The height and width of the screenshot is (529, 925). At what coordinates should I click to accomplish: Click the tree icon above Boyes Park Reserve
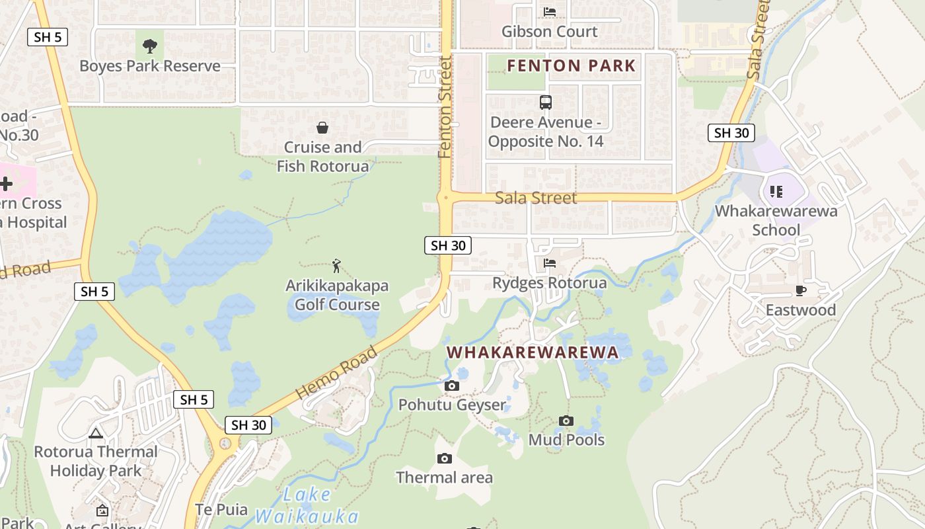(150, 46)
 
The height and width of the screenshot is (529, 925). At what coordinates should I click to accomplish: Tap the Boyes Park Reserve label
(150, 66)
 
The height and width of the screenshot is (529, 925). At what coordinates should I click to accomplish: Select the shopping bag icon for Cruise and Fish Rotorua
(322, 128)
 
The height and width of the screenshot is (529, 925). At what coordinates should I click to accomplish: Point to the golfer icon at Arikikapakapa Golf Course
(337, 266)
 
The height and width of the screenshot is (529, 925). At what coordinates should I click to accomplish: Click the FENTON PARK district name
(571, 66)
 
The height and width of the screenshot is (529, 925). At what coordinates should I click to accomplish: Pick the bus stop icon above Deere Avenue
(546, 102)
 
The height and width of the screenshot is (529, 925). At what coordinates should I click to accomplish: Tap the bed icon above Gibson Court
(550, 11)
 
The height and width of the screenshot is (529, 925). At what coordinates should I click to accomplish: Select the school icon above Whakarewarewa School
(776, 192)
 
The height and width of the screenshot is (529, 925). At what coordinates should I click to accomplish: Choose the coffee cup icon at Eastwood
(801, 290)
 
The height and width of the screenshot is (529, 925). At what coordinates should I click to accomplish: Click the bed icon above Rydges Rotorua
(550, 263)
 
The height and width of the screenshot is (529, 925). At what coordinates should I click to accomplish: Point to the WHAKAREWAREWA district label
(533, 352)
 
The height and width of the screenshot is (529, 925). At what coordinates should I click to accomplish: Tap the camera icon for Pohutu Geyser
(452, 386)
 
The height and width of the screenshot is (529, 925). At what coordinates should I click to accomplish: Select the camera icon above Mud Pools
(566, 421)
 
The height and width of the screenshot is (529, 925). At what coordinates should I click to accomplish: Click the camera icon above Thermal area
(445, 458)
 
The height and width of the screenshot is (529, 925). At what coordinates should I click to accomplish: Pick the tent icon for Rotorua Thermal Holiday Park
(96, 434)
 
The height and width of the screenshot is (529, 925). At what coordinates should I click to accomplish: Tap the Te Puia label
(222, 510)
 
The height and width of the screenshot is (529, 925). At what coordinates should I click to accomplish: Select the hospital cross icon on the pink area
(7, 184)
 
